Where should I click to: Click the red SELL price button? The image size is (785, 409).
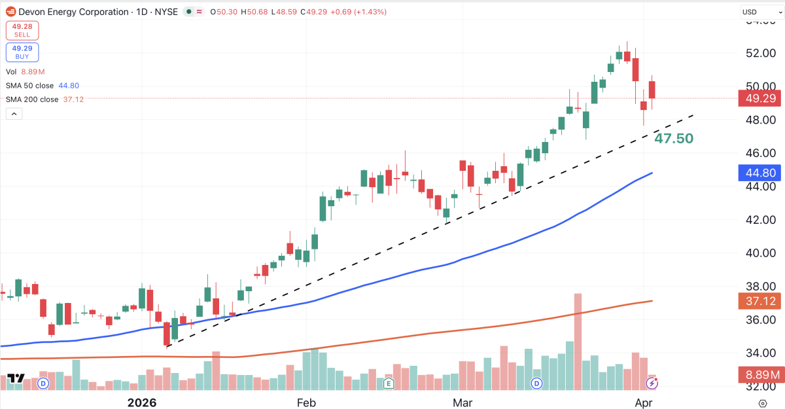pyautogui.click(x=22, y=31)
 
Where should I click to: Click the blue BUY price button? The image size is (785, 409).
pyautogui.click(x=22, y=52)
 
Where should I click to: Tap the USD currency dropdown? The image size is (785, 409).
pyautogui.click(x=762, y=12)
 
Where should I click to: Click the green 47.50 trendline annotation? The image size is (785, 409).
pyautogui.click(x=674, y=139)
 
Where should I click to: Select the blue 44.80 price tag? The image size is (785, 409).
pyautogui.click(x=759, y=173)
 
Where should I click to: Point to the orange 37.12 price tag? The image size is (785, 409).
pyautogui.click(x=759, y=301)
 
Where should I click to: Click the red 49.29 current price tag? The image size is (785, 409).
pyautogui.click(x=759, y=98)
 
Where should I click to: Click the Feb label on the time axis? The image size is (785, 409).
pyautogui.click(x=306, y=402)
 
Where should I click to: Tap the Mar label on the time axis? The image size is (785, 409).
pyautogui.click(x=462, y=402)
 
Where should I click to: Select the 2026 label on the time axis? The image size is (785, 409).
pyautogui.click(x=142, y=402)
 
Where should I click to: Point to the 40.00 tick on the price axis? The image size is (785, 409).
pyautogui.click(x=760, y=253)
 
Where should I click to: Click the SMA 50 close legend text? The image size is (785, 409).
pyautogui.click(x=30, y=86)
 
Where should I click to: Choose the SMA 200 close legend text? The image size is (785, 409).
pyautogui.click(x=32, y=99)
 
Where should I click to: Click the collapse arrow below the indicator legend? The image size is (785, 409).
pyautogui.click(x=14, y=114)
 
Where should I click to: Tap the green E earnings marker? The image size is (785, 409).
pyautogui.click(x=389, y=383)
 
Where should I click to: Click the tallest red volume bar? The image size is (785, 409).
pyautogui.click(x=578, y=342)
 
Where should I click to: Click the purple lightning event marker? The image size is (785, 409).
pyautogui.click(x=652, y=383)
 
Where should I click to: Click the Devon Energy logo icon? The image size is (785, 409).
pyautogui.click(x=11, y=12)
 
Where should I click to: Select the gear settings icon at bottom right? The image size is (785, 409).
pyautogui.click(x=763, y=403)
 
